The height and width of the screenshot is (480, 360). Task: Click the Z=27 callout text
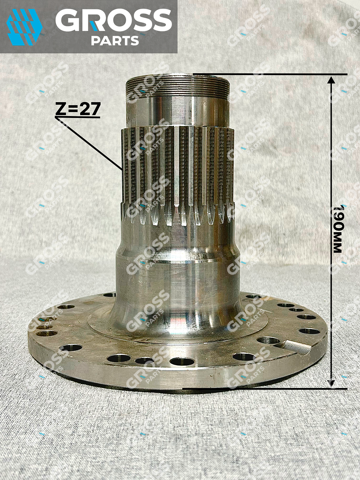coord(78,109)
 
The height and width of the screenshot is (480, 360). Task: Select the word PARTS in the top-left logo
coord(115,41)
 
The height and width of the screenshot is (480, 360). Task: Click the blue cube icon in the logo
coord(25,27)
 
